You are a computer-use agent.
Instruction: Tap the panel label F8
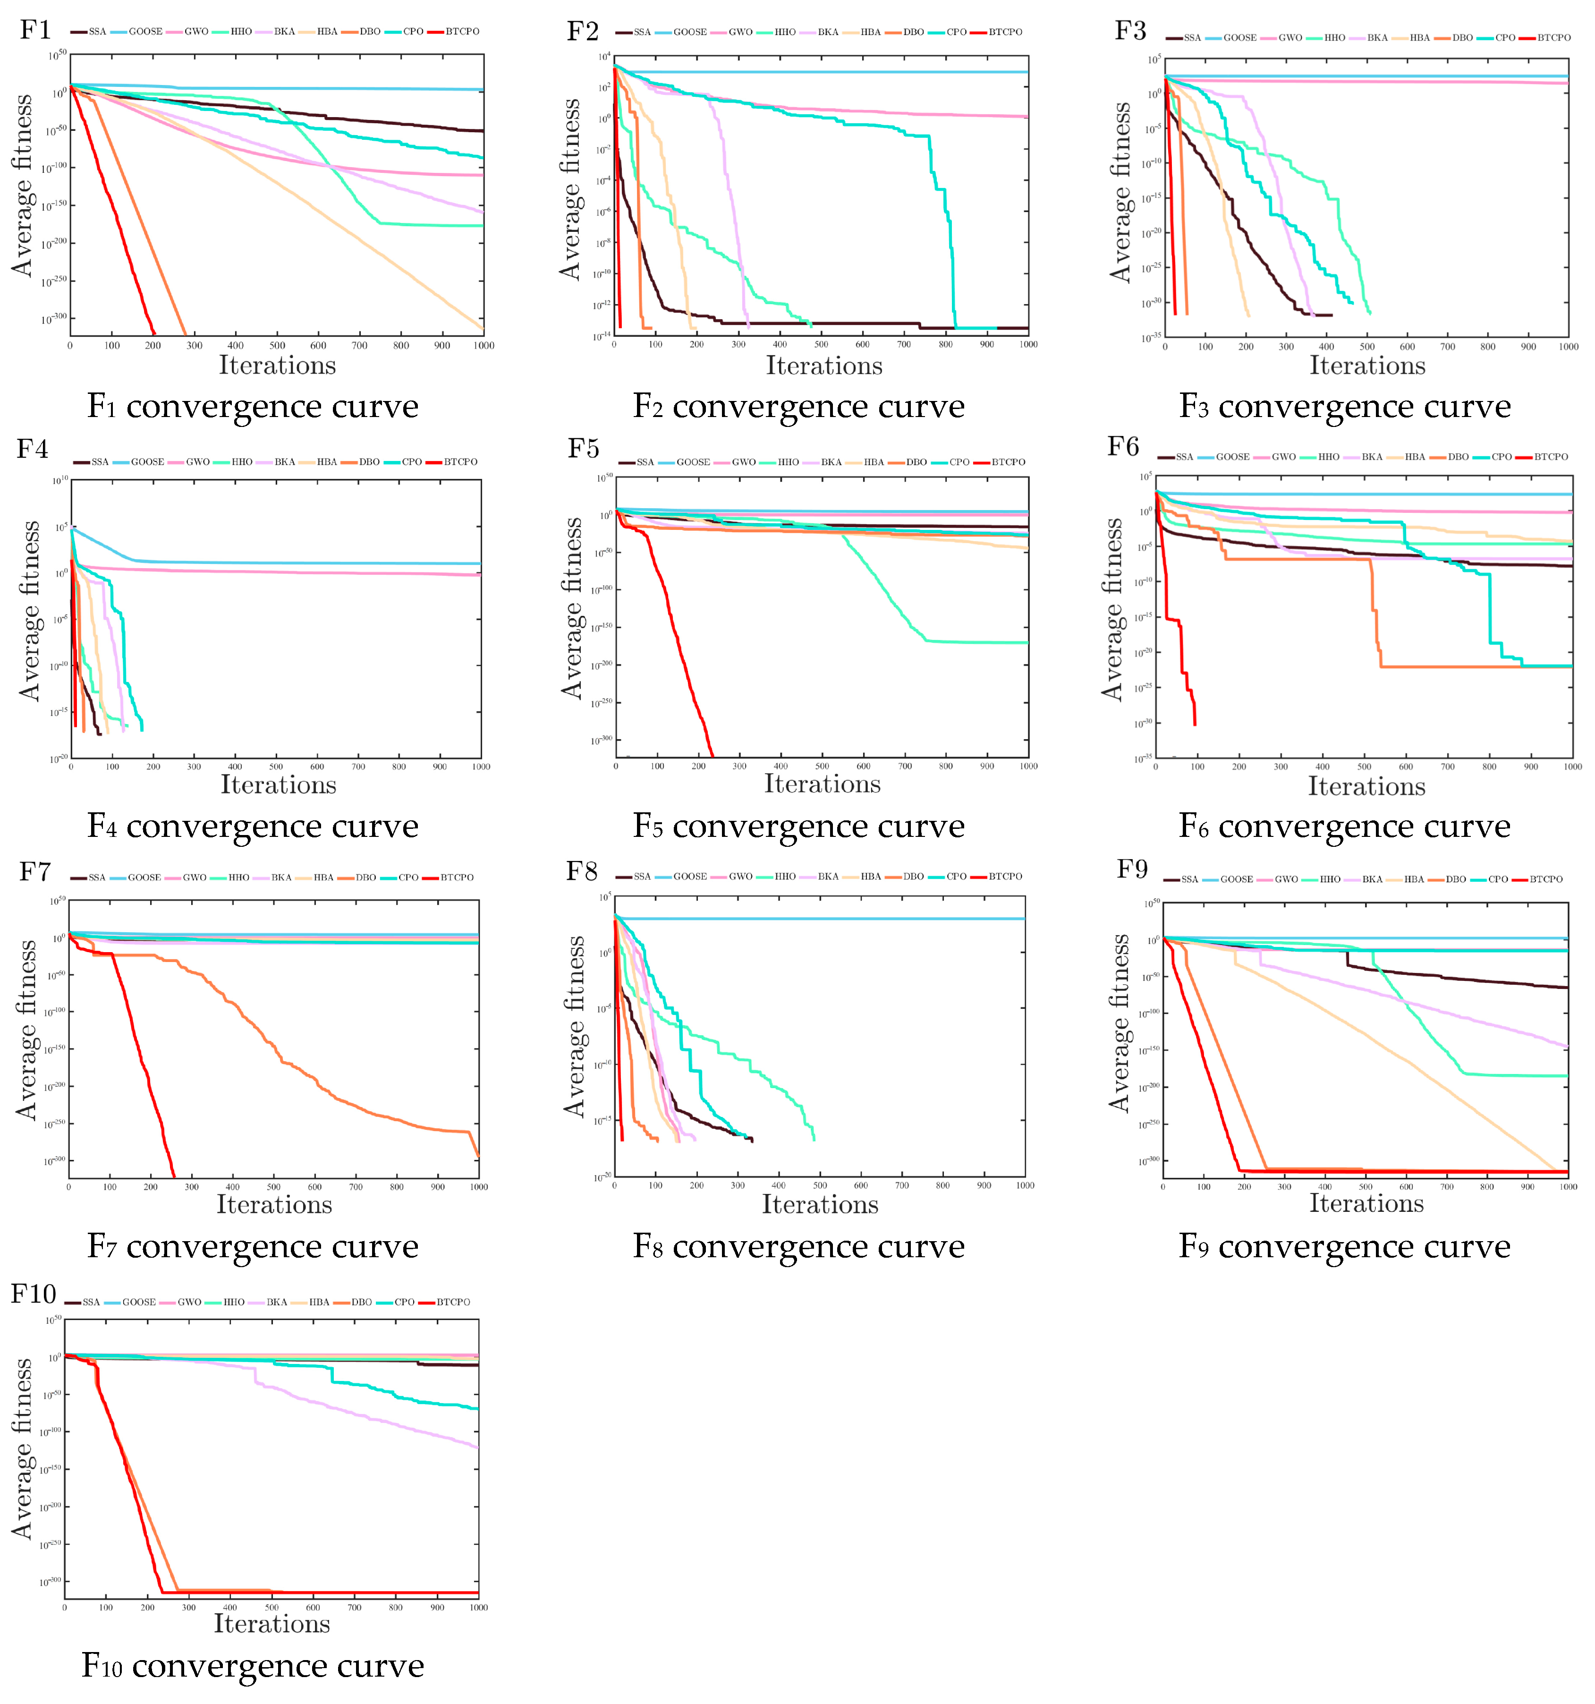click(582, 872)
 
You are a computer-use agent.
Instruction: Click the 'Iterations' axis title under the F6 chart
click(1366, 786)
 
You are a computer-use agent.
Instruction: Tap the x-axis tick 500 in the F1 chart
click(277, 345)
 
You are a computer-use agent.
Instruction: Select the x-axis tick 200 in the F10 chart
click(147, 1607)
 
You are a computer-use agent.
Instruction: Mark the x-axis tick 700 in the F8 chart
click(902, 1185)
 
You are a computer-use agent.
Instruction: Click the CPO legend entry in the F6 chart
click(1502, 457)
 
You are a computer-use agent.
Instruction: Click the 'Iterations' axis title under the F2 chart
click(823, 366)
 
